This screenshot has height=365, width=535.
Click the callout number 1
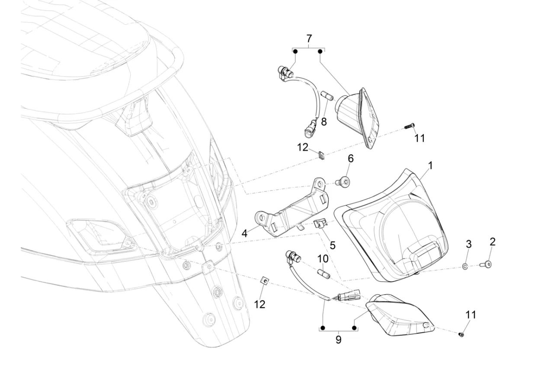tap(430, 165)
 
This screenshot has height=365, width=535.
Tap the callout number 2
tap(492, 242)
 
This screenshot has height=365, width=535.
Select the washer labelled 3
tap(465, 266)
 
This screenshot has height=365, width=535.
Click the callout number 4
tap(244, 233)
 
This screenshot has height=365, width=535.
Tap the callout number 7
tap(309, 38)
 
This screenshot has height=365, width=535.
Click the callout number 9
tap(338, 340)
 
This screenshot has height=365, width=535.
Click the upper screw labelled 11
tap(409, 126)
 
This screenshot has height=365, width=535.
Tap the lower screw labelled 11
tap(461, 334)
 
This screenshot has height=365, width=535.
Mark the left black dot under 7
tap(295, 51)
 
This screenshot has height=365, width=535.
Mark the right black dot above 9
tap(354, 328)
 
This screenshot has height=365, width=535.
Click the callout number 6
tap(350, 159)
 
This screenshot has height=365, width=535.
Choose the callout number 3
tap(468, 244)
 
